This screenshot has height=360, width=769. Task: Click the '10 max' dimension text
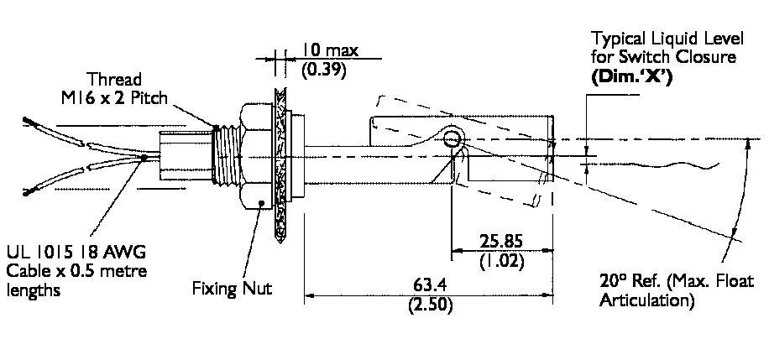[x=329, y=50]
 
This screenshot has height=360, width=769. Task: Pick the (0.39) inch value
[x=321, y=70]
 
